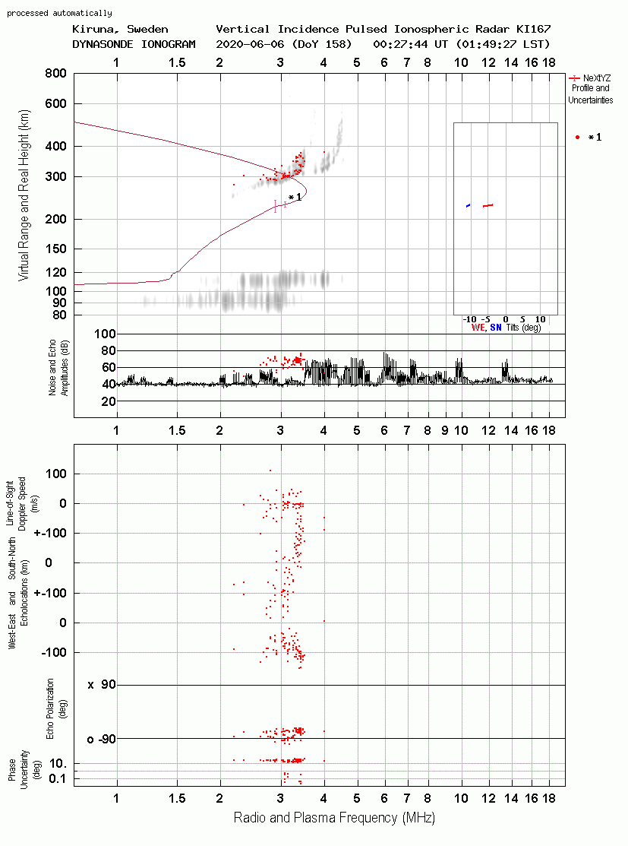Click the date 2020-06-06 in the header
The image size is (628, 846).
click(250, 44)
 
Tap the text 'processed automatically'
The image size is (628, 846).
click(59, 13)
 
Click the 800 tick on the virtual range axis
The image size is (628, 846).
click(55, 73)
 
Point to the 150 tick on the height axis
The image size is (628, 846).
click(55, 249)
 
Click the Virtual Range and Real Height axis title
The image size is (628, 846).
click(24, 195)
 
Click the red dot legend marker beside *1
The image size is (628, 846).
click(577, 137)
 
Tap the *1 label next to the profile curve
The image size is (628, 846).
click(295, 198)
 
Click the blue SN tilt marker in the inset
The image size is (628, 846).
click(468, 205)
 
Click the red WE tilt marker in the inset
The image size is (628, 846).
click(488, 205)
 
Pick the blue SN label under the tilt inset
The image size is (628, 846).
click(495, 328)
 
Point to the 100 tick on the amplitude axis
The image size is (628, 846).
click(105, 334)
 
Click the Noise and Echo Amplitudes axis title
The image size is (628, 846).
click(58, 367)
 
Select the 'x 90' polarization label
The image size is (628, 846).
click(102, 685)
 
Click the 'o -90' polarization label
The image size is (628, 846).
click(101, 739)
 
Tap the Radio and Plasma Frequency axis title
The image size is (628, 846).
click(334, 818)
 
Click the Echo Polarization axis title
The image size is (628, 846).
click(55, 708)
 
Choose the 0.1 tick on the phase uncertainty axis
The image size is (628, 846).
click(57, 778)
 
